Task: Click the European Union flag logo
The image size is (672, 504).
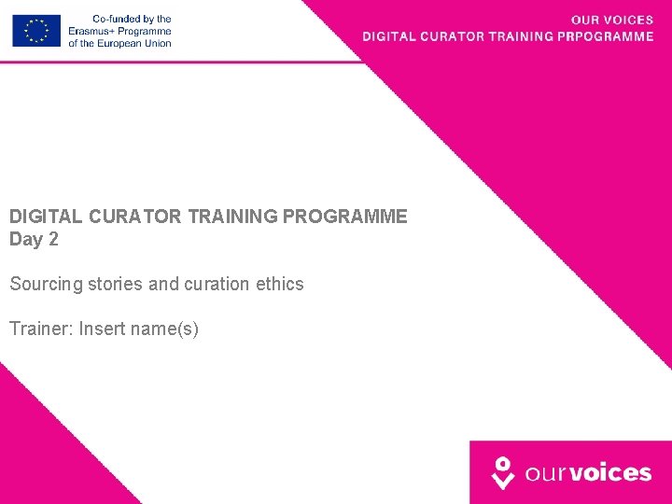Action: (x=36, y=31)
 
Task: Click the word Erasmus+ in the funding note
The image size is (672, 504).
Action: (x=91, y=31)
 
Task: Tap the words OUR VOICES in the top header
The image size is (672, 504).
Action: (x=611, y=20)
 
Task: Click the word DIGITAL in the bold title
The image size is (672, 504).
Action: (x=47, y=217)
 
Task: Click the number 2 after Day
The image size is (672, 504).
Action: (x=53, y=240)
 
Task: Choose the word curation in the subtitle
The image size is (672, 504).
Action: (x=216, y=284)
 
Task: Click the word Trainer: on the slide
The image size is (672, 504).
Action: (x=41, y=329)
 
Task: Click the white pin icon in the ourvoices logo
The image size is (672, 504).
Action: (x=503, y=472)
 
